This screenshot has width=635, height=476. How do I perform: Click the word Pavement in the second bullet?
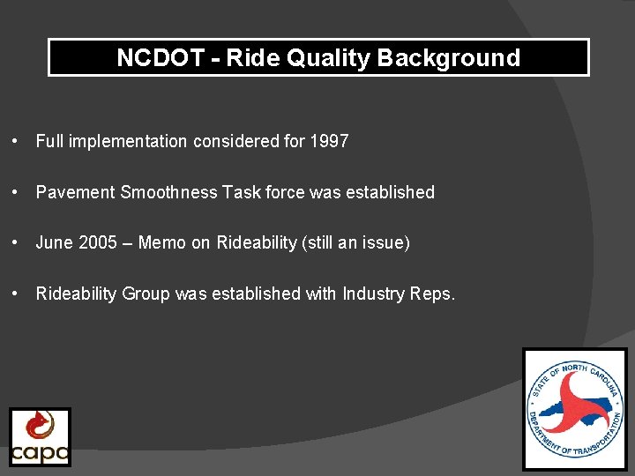(75, 192)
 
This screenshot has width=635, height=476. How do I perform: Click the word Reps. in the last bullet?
(433, 294)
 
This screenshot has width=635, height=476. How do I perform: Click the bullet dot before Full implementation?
(16, 141)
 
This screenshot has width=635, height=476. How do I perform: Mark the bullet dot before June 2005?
(16, 243)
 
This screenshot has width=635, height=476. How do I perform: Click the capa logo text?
(40, 452)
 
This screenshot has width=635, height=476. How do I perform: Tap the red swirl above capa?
(39, 427)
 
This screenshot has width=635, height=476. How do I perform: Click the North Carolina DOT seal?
(575, 408)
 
